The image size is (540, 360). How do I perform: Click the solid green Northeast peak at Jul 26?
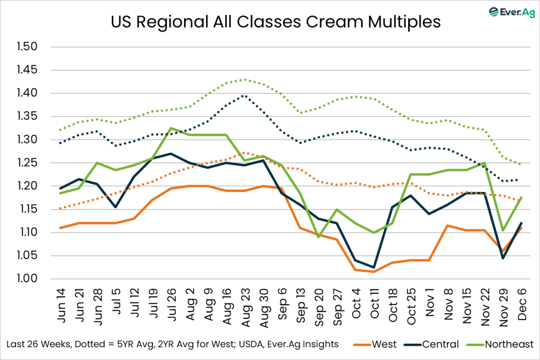[x=170, y=128]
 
